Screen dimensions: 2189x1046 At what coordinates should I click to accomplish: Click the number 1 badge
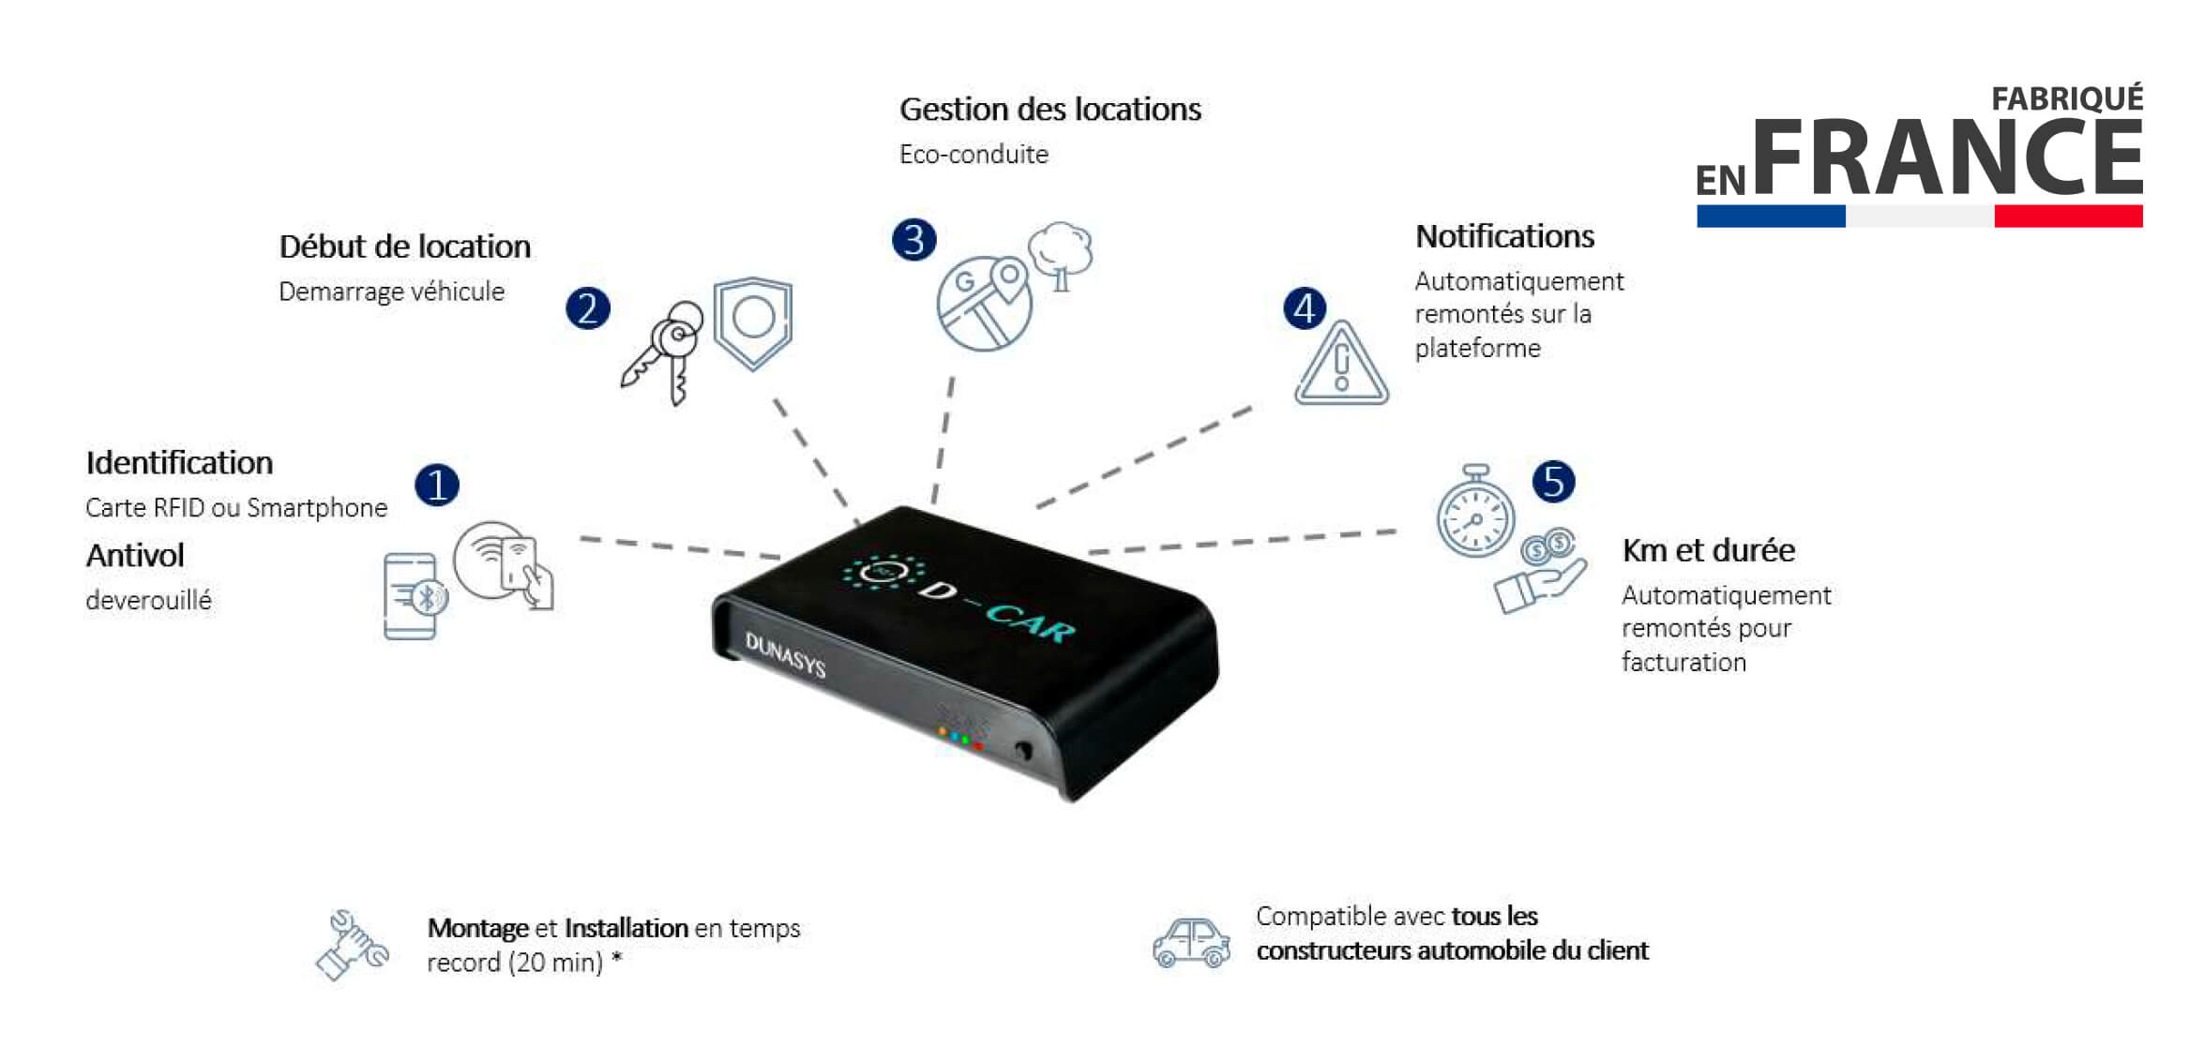pos(437,485)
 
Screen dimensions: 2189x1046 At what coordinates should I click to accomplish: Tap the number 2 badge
pos(588,308)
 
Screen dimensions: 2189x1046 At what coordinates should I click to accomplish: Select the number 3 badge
pos(914,239)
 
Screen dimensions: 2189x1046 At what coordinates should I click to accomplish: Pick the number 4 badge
pos(1305,308)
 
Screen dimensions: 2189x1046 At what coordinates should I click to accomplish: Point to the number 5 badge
pos(1554,481)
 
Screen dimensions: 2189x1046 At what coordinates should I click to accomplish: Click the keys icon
pos(662,352)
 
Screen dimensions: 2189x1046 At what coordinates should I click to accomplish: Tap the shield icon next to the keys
pos(753,322)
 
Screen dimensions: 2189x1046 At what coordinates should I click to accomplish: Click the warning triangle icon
pos(1341,364)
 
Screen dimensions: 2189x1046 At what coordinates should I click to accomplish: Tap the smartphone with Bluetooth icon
pos(415,597)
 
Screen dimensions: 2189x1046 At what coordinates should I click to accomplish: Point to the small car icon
pos(1191,942)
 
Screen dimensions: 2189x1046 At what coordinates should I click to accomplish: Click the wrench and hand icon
pos(352,945)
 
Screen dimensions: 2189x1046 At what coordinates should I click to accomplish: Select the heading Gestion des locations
pos(1049,110)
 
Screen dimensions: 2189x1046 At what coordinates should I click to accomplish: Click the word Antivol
pos(135,555)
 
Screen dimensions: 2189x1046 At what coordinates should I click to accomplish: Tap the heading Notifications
pos(1504,236)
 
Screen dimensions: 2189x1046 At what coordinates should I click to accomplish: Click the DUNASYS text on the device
pos(785,654)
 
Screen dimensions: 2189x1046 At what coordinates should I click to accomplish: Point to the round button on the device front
pos(1023,750)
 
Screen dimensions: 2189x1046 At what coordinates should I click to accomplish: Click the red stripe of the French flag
pos(2068,217)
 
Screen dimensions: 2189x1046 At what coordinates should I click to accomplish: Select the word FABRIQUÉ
pos(2067,98)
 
